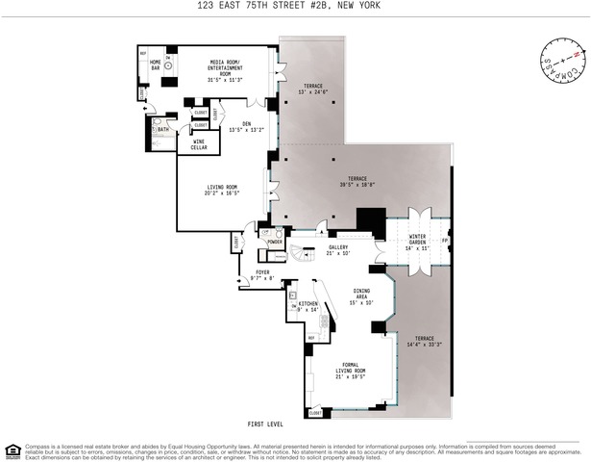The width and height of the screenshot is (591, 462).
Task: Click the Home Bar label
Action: (155, 64)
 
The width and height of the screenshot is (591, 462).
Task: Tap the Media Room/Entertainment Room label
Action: (228, 67)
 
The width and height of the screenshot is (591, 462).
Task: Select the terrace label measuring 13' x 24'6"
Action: (312, 89)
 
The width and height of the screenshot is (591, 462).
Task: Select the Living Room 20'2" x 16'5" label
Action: (220, 191)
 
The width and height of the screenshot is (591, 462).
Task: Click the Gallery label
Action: (337, 250)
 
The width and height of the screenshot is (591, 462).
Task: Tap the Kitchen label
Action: (307, 307)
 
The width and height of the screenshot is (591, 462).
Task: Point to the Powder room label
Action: (274, 243)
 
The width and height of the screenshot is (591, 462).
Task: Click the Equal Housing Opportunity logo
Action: (12, 449)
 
